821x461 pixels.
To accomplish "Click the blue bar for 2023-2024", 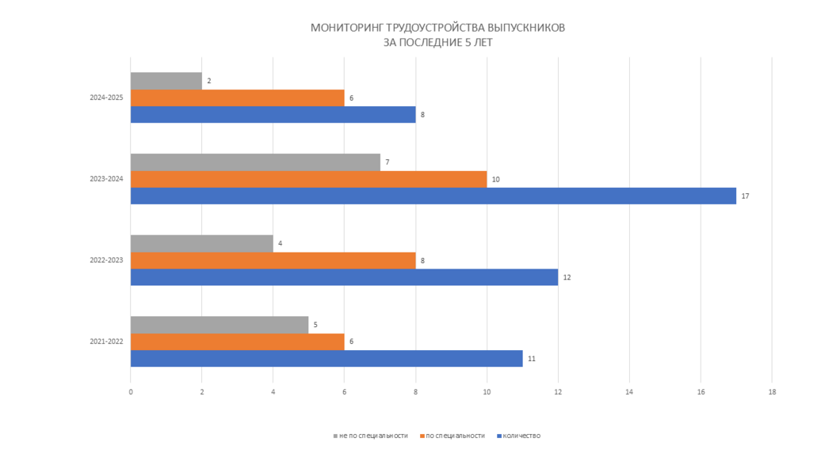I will coord(433,196).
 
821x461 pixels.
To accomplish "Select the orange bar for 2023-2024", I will coord(308,179).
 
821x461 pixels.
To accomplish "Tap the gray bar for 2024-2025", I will coord(166,81).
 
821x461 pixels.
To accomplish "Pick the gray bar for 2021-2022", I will coord(220,325).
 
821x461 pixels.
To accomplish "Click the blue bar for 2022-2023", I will coord(344,277).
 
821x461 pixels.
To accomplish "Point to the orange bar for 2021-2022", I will coord(237,341).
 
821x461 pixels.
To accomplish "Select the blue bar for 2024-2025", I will coord(273,115).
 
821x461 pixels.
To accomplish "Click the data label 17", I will coord(745,196).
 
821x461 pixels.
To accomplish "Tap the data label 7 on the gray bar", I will coord(387,162).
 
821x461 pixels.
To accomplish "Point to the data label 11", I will coord(532,359).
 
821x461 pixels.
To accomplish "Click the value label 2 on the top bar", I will coord(208,81).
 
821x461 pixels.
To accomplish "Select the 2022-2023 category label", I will coord(106,260).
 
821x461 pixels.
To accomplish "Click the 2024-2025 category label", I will coord(106,98).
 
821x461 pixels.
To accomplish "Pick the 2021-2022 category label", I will coord(106,341).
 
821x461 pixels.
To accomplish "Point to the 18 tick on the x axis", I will coord(771,391).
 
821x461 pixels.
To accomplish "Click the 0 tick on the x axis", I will coord(131,391).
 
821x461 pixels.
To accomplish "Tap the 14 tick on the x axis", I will coord(629,391).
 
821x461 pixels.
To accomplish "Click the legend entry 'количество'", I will coord(521,436).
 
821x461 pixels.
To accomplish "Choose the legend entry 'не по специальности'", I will coord(372,436).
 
